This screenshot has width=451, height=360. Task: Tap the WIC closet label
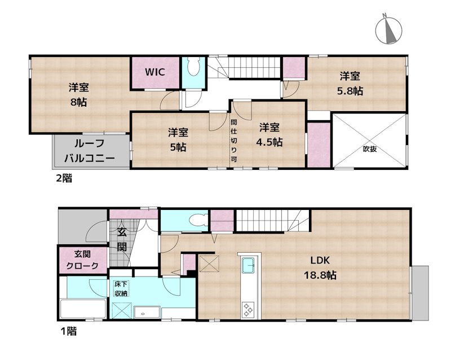coord(154,72)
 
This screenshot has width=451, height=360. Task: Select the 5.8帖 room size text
coord(350,90)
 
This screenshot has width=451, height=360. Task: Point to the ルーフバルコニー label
coord(89,150)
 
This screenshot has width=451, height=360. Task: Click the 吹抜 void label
coord(369,150)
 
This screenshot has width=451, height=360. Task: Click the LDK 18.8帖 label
coord(323,268)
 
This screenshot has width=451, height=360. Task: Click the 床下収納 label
coord(121,288)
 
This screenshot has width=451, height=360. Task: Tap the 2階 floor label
coord(63,179)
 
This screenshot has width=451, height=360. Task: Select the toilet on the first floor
coord(194,220)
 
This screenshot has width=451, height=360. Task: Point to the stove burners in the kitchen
coord(248,309)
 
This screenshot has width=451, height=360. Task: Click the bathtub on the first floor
coord(82,310)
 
